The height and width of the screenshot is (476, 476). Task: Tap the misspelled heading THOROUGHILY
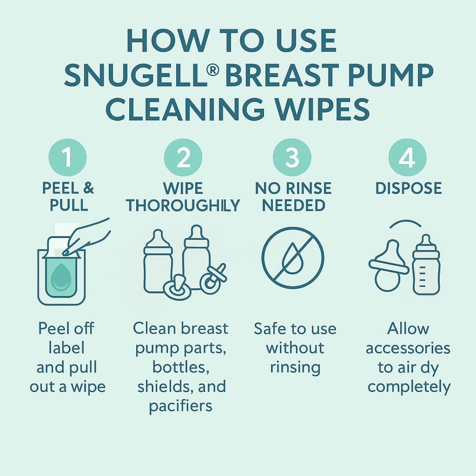(x=183, y=205)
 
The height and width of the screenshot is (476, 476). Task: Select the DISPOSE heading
(x=408, y=188)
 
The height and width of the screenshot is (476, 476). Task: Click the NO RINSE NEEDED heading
(x=293, y=197)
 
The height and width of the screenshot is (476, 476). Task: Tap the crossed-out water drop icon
(x=293, y=258)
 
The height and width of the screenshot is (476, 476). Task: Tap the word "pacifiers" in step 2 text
(x=181, y=406)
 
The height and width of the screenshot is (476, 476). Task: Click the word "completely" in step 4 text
(x=409, y=387)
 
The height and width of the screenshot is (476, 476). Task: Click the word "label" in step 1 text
(x=67, y=348)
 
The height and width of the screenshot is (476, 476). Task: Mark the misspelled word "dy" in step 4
(x=430, y=368)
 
